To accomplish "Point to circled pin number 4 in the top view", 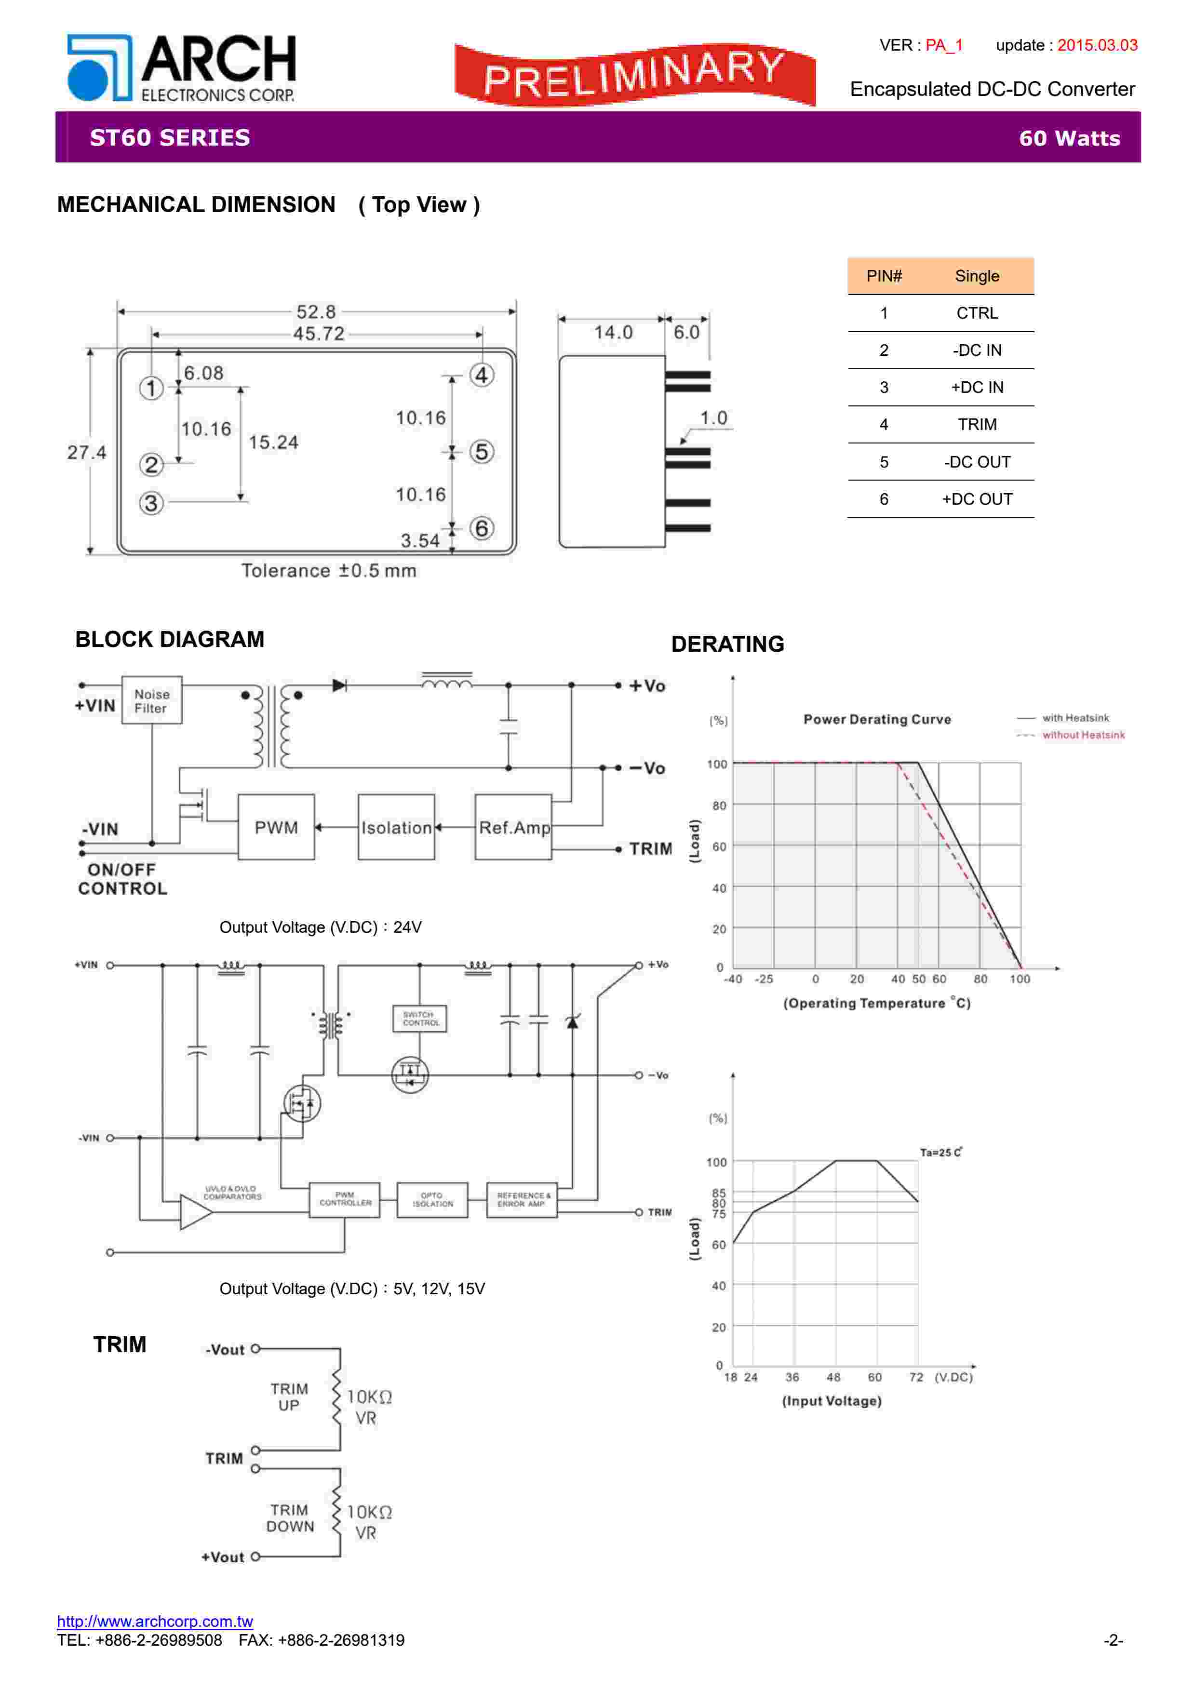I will (x=482, y=376).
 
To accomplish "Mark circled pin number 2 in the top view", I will (x=151, y=465).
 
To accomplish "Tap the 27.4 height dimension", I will (x=86, y=452).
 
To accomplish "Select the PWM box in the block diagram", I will (x=276, y=827).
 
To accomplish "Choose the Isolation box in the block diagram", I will (x=396, y=827).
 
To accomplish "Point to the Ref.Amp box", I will (x=513, y=827).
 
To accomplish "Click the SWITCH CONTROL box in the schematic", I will (x=420, y=1019).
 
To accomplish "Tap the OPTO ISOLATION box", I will (x=432, y=1200).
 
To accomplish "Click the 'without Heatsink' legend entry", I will (x=1082, y=735).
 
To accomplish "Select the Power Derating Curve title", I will (x=877, y=720).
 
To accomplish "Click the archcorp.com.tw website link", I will (x=155, y=1621).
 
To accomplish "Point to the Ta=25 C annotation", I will (x=940, y=1152).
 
